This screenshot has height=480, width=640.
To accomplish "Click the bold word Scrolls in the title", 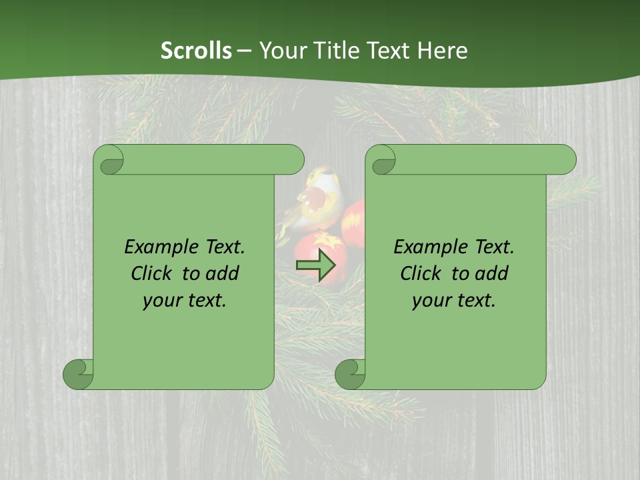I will pos(196,51).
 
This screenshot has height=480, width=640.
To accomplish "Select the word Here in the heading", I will pos(443,51).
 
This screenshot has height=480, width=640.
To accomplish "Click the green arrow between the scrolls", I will pos(315,266).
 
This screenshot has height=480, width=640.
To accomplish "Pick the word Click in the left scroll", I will pos(153,273).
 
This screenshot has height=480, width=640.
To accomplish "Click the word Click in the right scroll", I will pos(423,273).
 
